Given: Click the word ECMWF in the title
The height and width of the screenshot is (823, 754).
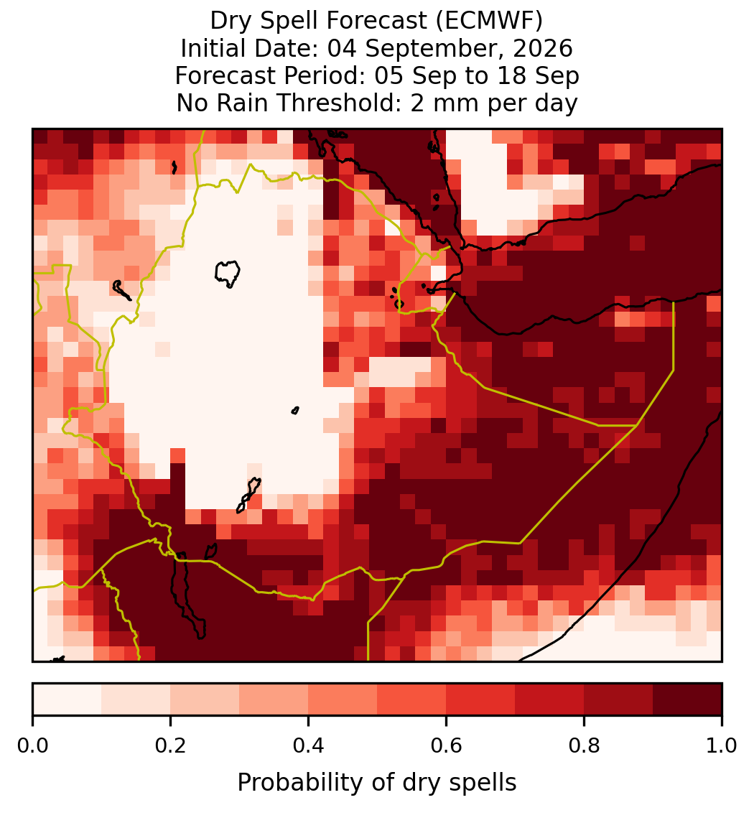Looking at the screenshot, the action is click(x=489, y=21).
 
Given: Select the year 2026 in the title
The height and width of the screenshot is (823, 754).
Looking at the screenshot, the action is click(x=543, y=48).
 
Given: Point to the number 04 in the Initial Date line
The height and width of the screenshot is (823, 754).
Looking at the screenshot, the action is click(x=342, y=48).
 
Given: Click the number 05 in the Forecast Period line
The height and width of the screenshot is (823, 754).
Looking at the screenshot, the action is click(x=388, y=75).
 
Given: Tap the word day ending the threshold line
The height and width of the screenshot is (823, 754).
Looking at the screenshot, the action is click(x=557, y=103).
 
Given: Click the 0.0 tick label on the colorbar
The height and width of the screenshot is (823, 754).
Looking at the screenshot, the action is click(x=32, y=745).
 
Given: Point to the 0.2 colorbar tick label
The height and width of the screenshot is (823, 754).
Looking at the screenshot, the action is click(x=170, y=745).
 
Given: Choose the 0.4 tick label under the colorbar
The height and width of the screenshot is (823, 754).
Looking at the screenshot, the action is click(x=309, y=745).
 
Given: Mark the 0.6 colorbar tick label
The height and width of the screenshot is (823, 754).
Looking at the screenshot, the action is click(x=447, y=745).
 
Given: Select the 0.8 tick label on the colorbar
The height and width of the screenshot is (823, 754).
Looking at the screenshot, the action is click(x=584, y=745).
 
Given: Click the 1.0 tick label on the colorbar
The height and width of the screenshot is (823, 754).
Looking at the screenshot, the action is click(x=722, y=745).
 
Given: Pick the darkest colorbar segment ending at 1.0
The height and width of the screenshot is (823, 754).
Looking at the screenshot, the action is click(x=687, y=699).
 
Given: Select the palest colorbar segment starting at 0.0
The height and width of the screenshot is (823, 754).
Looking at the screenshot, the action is click(x=68, y=699).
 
